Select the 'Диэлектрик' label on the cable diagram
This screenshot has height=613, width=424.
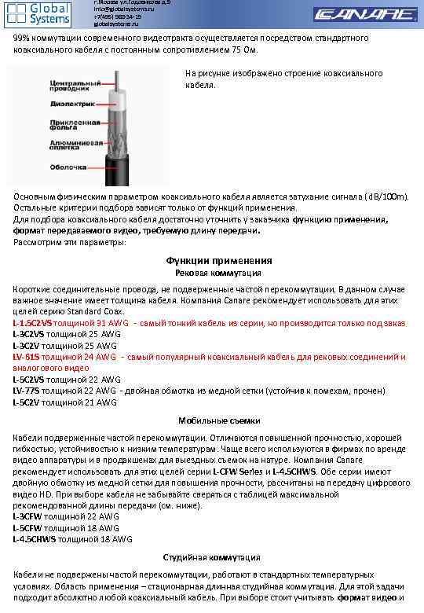(73, 103)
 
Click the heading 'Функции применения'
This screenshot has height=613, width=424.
(219, 260)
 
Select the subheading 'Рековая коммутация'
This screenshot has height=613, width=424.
(217, 273)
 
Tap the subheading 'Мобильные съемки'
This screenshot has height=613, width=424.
(219, 420)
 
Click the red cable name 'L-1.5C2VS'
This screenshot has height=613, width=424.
(32, 323)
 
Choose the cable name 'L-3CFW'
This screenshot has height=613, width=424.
(27, 516)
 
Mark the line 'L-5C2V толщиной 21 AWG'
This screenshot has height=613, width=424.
(64, 402)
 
